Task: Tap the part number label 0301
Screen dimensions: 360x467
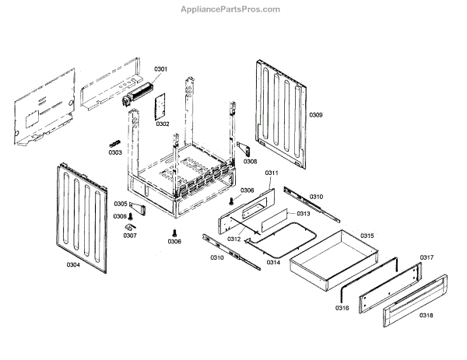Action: [160, 70]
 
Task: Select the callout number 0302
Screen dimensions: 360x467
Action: [162, 124]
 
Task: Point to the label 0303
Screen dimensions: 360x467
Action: [115, 152]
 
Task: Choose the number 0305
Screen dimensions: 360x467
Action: [119, 204]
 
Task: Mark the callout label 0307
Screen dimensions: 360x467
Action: [129, 235]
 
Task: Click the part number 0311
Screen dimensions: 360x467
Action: [272, 173]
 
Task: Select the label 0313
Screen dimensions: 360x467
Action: [303, 214]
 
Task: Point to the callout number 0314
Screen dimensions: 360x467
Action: [273, 262]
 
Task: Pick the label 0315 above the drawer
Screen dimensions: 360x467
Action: [367, 236]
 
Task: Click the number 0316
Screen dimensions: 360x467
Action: [342, 308]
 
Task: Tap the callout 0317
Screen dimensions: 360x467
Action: [427, 257]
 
